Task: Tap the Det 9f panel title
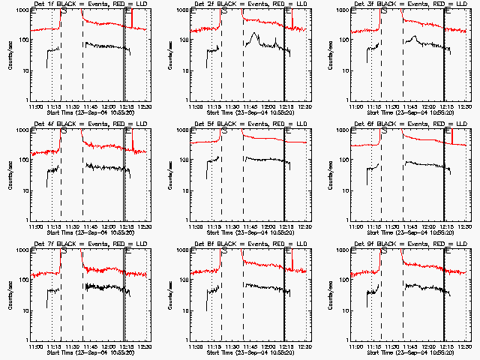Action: tap(409, 244)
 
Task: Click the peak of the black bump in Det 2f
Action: tap(256, 34)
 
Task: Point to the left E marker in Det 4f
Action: tap(34, 132)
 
